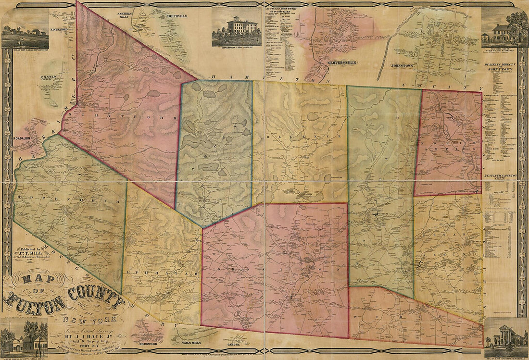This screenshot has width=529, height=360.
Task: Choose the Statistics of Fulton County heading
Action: point(501,177)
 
